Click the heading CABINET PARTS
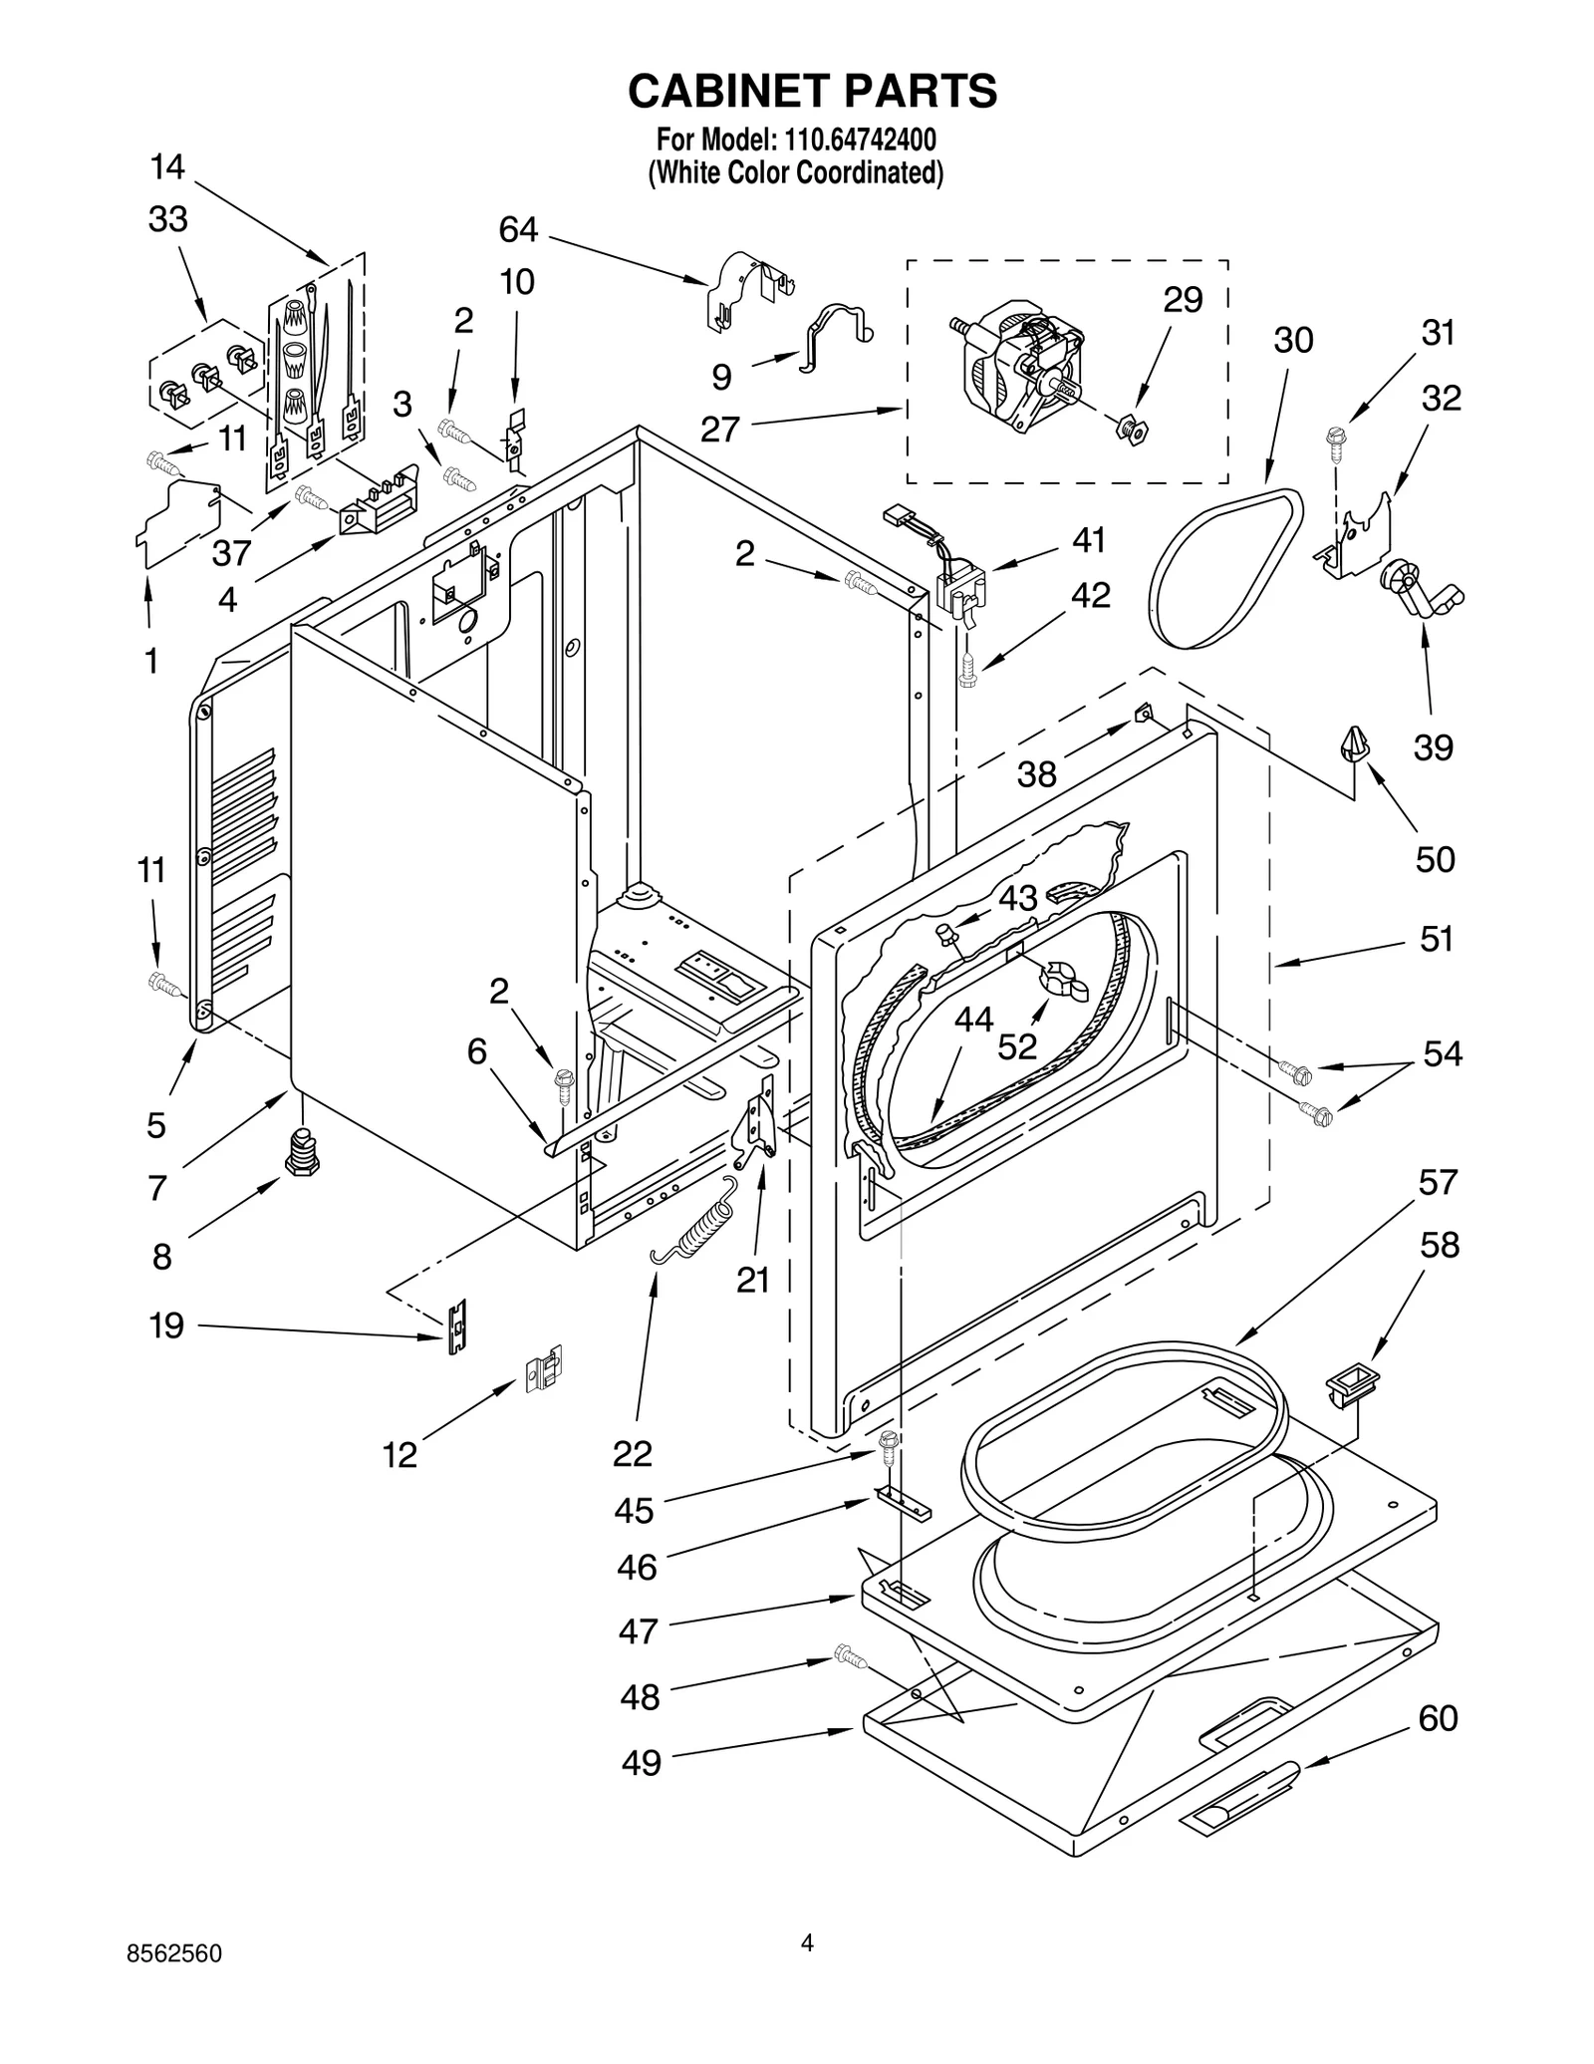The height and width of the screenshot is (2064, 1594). point(812,91)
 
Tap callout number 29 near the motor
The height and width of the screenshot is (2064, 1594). point(1183,300)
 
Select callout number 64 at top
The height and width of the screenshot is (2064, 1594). point(518,230)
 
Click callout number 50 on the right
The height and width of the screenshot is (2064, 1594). point(1435,859)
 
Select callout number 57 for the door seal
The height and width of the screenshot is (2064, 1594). point(1438,1183)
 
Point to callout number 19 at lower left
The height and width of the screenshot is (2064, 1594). point(166,1326)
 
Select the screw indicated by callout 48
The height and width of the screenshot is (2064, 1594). point(850,1657)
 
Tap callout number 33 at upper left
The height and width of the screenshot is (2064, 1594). point(167,219)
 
